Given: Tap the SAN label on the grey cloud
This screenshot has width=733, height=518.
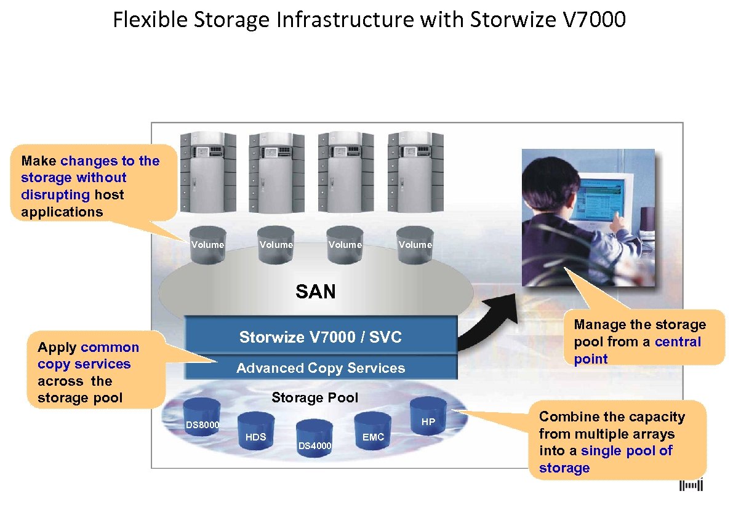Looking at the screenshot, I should pos(315,291).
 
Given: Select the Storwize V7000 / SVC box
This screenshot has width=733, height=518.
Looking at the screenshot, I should pos(321,337).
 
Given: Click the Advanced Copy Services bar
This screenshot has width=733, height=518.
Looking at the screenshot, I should pos(321,368).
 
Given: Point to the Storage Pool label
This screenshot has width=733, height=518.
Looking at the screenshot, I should pos(314,397).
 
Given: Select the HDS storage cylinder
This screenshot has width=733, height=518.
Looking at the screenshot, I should pos(255,428).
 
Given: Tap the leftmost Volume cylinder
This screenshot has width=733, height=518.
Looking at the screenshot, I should pos(207,244).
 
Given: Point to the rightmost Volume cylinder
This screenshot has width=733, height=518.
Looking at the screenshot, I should pos(415,244).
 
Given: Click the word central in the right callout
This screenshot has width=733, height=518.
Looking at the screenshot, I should pos(678,342).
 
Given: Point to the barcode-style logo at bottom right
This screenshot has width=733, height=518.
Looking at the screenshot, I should pos(691,486).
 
